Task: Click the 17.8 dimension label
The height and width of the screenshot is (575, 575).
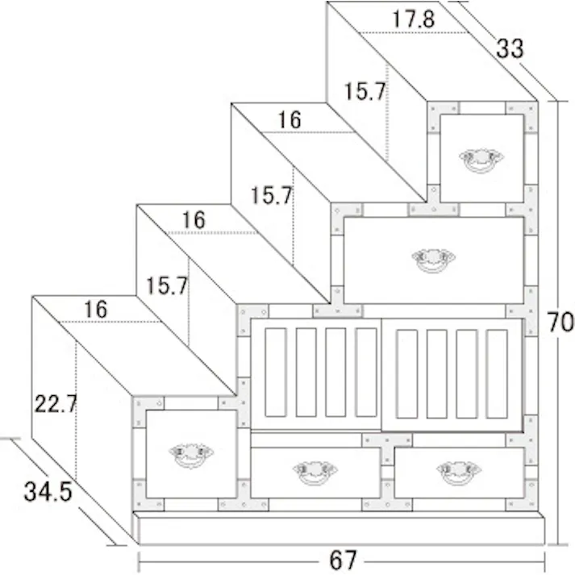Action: click(413, 19)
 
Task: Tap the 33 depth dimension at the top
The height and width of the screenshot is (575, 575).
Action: click(510, 48)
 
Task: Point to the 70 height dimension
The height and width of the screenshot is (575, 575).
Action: click(560, 322)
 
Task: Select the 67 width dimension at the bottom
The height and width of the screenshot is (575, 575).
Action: click(343, 560)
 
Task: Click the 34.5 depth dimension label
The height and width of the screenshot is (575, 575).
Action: click(48, 492)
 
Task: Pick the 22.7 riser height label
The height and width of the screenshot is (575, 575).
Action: click(56, 404)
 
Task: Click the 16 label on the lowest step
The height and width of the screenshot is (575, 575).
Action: click(96, 309)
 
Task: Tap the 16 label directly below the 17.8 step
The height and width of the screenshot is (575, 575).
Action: click(290, 119)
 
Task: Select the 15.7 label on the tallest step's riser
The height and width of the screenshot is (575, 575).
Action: click(365, 91)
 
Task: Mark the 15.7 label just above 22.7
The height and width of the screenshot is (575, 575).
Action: click(167, 285)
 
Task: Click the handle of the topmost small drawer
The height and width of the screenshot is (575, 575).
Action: click(481, 160)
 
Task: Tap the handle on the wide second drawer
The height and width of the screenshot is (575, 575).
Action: click(433, 260)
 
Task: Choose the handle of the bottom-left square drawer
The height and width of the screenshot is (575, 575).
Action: click(191, 455)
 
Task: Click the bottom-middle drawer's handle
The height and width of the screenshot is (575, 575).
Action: click(315, 473)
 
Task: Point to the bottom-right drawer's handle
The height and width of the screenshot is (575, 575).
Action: click(459, 473)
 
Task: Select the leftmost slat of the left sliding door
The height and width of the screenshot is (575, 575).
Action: click(275, 373)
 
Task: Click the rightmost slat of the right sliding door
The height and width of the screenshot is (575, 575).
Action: click(497, 373)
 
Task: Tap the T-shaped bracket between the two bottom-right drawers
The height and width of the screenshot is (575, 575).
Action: click(387, 446)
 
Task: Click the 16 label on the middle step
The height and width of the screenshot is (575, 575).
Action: click(194, 220)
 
